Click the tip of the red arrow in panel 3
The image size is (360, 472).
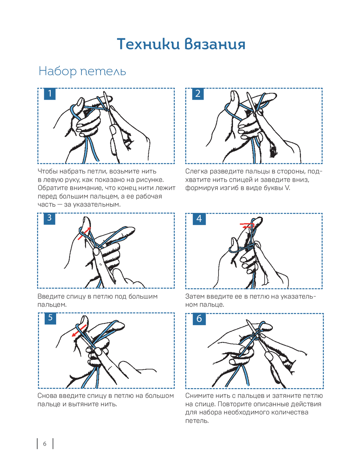(91, 227)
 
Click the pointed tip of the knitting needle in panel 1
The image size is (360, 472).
(104, 92)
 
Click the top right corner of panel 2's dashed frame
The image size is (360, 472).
(322, 88)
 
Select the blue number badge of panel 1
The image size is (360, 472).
(50, 94)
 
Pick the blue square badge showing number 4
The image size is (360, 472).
(199, 219)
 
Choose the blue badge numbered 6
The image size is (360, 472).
(199, 319)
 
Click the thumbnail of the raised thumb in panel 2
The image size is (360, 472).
(233, 96)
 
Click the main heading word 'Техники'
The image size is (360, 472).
(148, 44)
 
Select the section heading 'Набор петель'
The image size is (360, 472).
(82, 71)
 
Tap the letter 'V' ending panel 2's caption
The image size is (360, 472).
(287, 188)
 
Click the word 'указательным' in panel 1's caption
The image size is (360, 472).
(96, 204)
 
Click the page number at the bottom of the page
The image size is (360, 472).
(45, 444)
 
